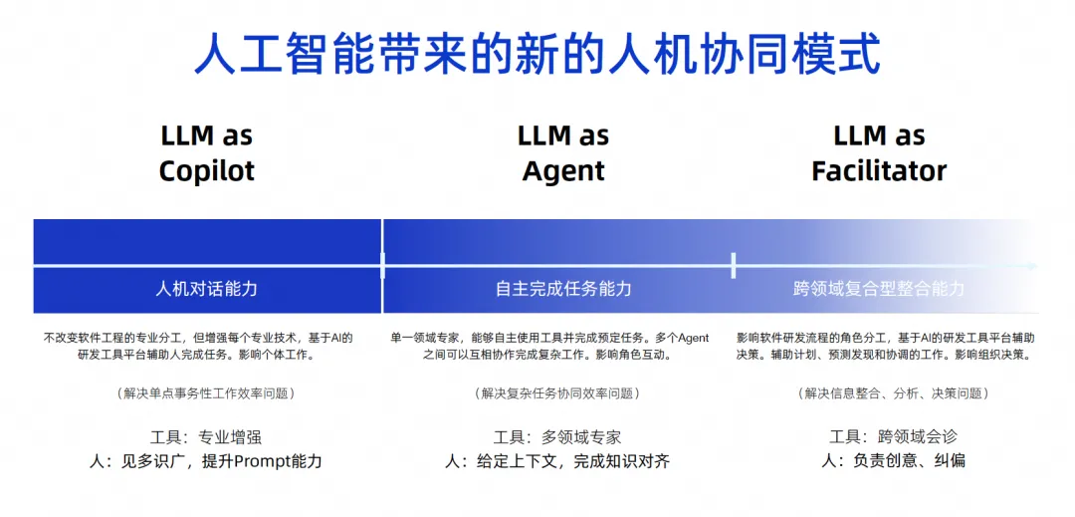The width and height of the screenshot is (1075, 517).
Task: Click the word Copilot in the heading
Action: (207, 170)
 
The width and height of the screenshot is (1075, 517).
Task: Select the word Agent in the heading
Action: (563, 170)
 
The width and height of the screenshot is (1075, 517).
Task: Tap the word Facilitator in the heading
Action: (879, 170)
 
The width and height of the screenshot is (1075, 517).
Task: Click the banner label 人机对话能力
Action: (207, 289)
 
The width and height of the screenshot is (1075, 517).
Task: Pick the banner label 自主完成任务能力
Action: (563, 289)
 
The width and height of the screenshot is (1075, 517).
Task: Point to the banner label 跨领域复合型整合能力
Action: (879, 289)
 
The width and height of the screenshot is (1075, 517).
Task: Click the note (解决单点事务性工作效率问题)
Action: (206, 393)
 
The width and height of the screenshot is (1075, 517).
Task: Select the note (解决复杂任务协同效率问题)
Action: (557, 393)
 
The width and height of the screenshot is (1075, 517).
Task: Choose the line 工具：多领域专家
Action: (557, 437)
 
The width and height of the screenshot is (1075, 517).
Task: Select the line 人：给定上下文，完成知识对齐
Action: (557, 461)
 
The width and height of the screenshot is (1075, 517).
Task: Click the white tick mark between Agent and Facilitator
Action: (734, 265)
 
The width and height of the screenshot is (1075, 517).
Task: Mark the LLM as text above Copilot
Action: (207, 135)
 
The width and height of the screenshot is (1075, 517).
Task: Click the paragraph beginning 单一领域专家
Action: (549, 346)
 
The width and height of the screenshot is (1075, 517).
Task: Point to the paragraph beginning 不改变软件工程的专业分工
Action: (198, 346)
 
